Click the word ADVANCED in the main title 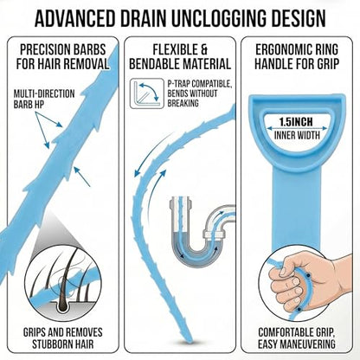coord(75,18)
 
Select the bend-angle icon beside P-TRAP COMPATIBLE coord(147,93)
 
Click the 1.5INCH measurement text coord(296,122)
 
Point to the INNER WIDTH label coord(297,135)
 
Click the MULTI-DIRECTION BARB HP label coord(44,99)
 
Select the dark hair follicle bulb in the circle coord(62,305)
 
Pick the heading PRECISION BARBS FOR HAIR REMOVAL coord(62,56)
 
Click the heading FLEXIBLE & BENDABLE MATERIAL coord(180,56)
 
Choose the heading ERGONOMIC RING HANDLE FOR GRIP coord(297,56)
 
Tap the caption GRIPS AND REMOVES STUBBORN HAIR coord(62,337)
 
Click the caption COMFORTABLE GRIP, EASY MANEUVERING coord(297,337)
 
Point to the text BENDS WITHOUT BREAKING coord(192,98)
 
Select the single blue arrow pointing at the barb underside coord(82,177)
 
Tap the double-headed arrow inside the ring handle coord(297,128)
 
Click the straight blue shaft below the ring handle coord(296,208)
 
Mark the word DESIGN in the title coord(300,18)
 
